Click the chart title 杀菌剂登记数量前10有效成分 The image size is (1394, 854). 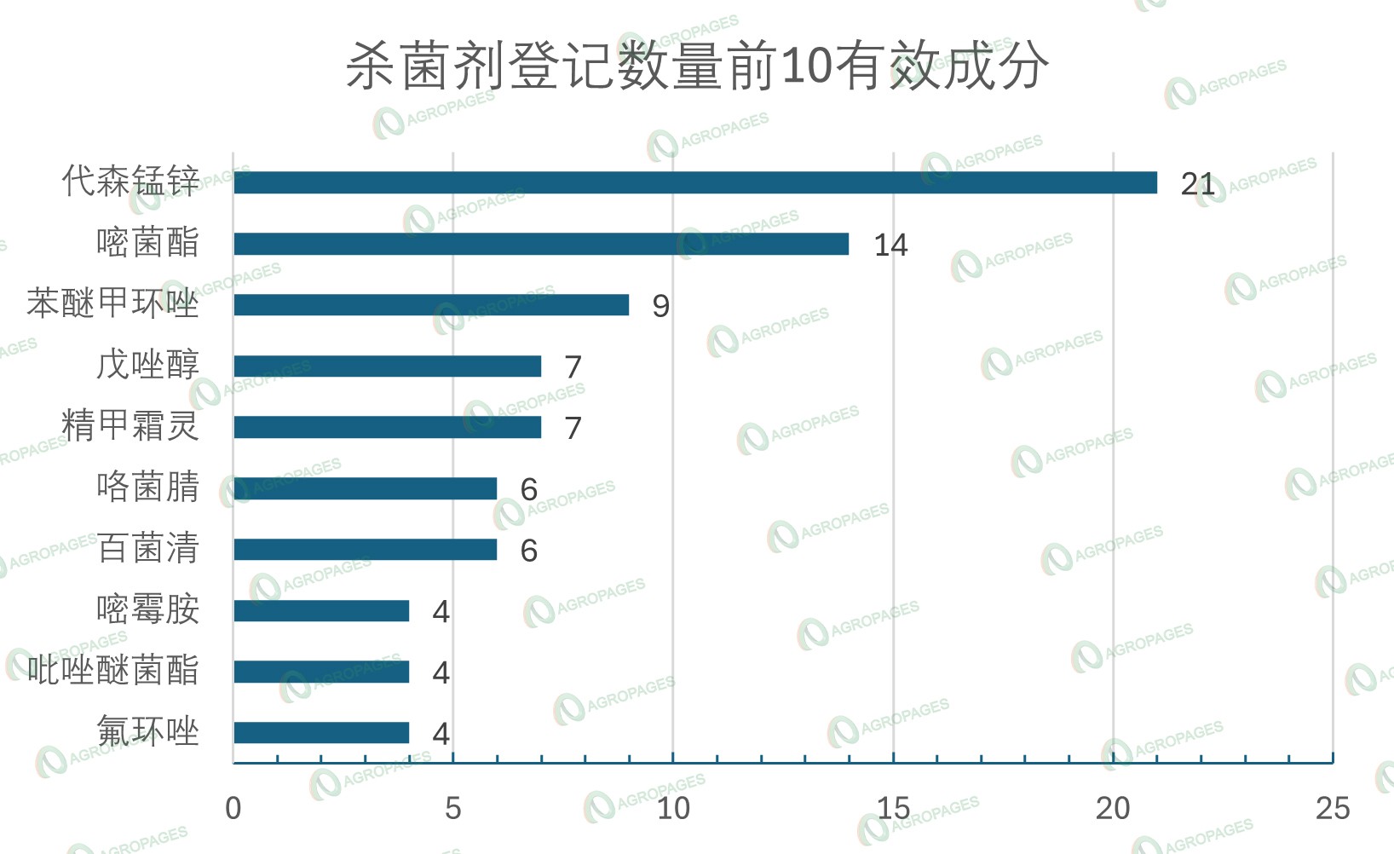(x=697, y=66)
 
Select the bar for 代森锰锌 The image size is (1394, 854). (x=695, y=182)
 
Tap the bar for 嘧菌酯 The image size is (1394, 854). (x=541, y=244)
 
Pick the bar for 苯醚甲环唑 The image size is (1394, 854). (x=431, y=305)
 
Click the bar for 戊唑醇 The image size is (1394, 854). (x=388, y=366)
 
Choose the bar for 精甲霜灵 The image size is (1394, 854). (x=388, y=427)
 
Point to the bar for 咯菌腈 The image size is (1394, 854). (x=366, y=488)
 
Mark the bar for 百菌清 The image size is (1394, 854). (x=366, y=550)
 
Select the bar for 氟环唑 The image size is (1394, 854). (x=321, y=733)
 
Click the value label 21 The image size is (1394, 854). (x=1197, y=183)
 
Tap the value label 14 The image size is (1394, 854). (x=890, y=245)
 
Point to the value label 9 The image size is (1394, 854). (x=660, y=306)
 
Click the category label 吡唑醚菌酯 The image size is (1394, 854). (x=113, y=671)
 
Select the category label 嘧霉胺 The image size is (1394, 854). (x=147, y=609)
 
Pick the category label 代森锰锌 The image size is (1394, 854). (x=130, y=182)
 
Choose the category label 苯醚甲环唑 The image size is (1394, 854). (x=113, y=303)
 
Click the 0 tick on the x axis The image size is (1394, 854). (x=233, y=808)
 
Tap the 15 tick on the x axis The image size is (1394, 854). (x=893, y=808)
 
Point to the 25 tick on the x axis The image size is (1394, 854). (x=1333, y=808)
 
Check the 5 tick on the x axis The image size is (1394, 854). (x=453, y=808)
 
